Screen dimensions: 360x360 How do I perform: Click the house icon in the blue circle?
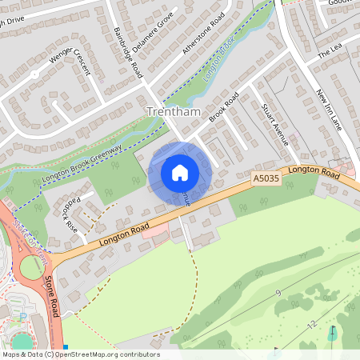click(x=180, y=172)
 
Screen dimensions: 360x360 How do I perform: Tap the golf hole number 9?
click(x=279, y=294)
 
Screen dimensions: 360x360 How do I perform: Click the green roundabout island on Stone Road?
click(x=30, y=266)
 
